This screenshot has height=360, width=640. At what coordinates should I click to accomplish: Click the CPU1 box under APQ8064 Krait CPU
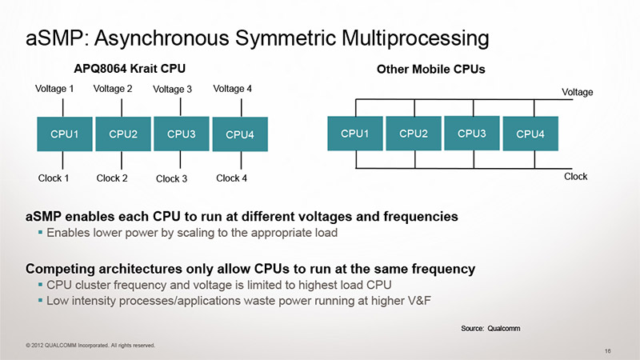tap(64, 134)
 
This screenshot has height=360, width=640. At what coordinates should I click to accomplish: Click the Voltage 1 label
tap(55, 89)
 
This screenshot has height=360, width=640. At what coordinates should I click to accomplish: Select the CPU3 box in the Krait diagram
tap(182, 134)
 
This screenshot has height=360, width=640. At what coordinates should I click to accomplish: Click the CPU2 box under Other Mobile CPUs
tap(413, 133)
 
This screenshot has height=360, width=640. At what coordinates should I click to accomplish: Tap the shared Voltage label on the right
tap(577, 93)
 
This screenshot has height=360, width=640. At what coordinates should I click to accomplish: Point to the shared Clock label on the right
tap(576, 176)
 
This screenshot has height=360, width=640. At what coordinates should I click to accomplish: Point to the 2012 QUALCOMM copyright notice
tap(90, 345)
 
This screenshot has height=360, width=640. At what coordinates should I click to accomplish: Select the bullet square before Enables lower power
tap(40, 233)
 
